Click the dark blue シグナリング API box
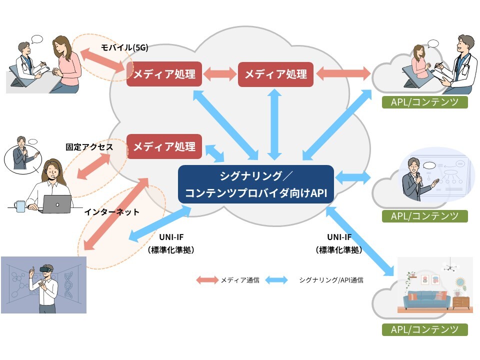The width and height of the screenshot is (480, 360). coord(256,184)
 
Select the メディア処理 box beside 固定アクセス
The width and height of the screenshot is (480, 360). coord(164,146)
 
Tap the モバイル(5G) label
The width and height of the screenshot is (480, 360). coord(124,47)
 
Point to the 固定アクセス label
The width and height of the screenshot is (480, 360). coord(89,147)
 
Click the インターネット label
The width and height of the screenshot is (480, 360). coord(111,212)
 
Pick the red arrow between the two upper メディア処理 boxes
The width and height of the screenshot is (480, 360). coord(220,74)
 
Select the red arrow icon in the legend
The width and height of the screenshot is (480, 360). coord(207,280)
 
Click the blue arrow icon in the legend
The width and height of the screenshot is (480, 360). coord(276,280)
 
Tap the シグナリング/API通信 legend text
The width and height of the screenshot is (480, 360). coord(331,280)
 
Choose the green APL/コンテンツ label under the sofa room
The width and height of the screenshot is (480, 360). coord(425,329)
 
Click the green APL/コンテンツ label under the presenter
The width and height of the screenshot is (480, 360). coord(425,216)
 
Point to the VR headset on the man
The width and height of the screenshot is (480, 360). coord(46,269)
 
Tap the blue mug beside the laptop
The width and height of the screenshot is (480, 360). coord(19,206)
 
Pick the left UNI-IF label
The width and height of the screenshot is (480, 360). coord(171,237)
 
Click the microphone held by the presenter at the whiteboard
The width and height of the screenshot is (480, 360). coord(418,179)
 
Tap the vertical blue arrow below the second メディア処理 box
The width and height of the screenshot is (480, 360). coord(274,124)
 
